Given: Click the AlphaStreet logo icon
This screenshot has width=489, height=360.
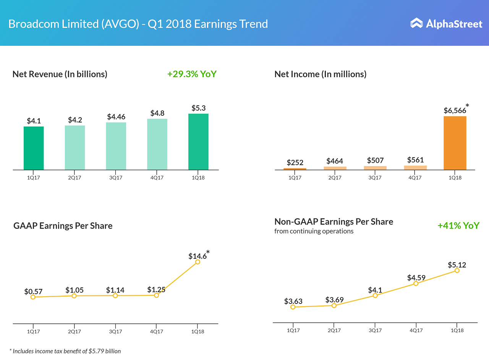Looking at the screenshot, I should [416, 23].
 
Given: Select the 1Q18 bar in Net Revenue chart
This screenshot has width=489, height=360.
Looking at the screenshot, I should [198, 142].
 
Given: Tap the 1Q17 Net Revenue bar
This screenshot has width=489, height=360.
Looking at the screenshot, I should [34, 148].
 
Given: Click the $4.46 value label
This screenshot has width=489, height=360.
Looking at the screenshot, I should [116, 116].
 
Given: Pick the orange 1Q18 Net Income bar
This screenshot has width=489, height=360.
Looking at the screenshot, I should [455, 143].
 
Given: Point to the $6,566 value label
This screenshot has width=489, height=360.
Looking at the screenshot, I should [455, 110].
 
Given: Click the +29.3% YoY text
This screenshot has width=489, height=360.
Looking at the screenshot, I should [192, 74].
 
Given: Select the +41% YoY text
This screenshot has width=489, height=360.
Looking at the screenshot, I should [458, 226].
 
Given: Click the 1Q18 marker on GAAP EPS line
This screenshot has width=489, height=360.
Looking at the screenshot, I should [198, 262].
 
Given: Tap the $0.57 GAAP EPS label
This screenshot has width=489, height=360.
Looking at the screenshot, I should [33, 292].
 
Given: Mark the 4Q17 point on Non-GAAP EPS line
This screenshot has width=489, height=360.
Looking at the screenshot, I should [416, 283].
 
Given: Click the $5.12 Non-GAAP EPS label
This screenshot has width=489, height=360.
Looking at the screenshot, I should [457, 265].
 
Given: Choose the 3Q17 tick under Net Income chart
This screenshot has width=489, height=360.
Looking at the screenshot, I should [375, 178].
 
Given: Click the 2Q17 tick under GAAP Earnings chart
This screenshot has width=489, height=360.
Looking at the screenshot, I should [74, 331].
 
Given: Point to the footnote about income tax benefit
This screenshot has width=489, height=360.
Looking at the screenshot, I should [65, 351].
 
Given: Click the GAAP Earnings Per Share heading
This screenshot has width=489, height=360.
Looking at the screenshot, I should [63, 226].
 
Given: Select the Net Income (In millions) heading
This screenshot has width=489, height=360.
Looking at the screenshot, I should [320, 74].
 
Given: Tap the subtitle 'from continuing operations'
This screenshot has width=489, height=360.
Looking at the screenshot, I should [314, 231].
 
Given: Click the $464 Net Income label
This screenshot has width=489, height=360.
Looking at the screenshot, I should [335, 161].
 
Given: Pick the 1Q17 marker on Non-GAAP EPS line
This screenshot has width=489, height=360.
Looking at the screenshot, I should [293, 307].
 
